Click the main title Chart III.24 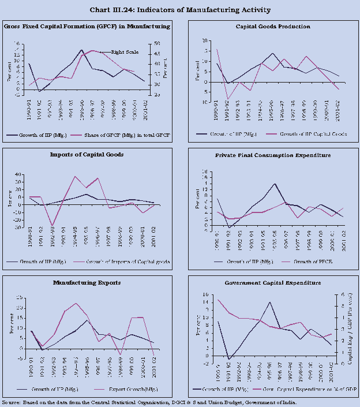(180, 10)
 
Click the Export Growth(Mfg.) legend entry (125, 389)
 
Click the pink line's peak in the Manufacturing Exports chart (76, 304)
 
